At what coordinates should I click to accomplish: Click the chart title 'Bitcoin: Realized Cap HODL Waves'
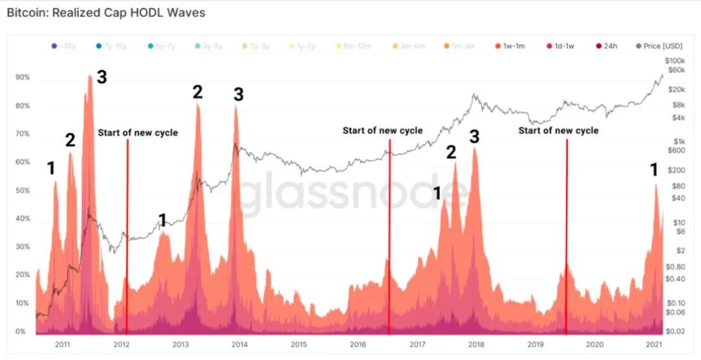point(106,13)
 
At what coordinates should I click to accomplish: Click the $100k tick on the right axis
point(676,60)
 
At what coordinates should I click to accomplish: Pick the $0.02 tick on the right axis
point(676,331)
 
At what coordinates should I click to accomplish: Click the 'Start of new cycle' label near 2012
point(138,132)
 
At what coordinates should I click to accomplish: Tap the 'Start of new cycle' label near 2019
point(558,130)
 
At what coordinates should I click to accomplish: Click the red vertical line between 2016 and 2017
point(389,234)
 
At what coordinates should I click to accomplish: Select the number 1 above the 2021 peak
point(654,170)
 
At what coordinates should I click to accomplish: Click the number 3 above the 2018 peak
point(474,136)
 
